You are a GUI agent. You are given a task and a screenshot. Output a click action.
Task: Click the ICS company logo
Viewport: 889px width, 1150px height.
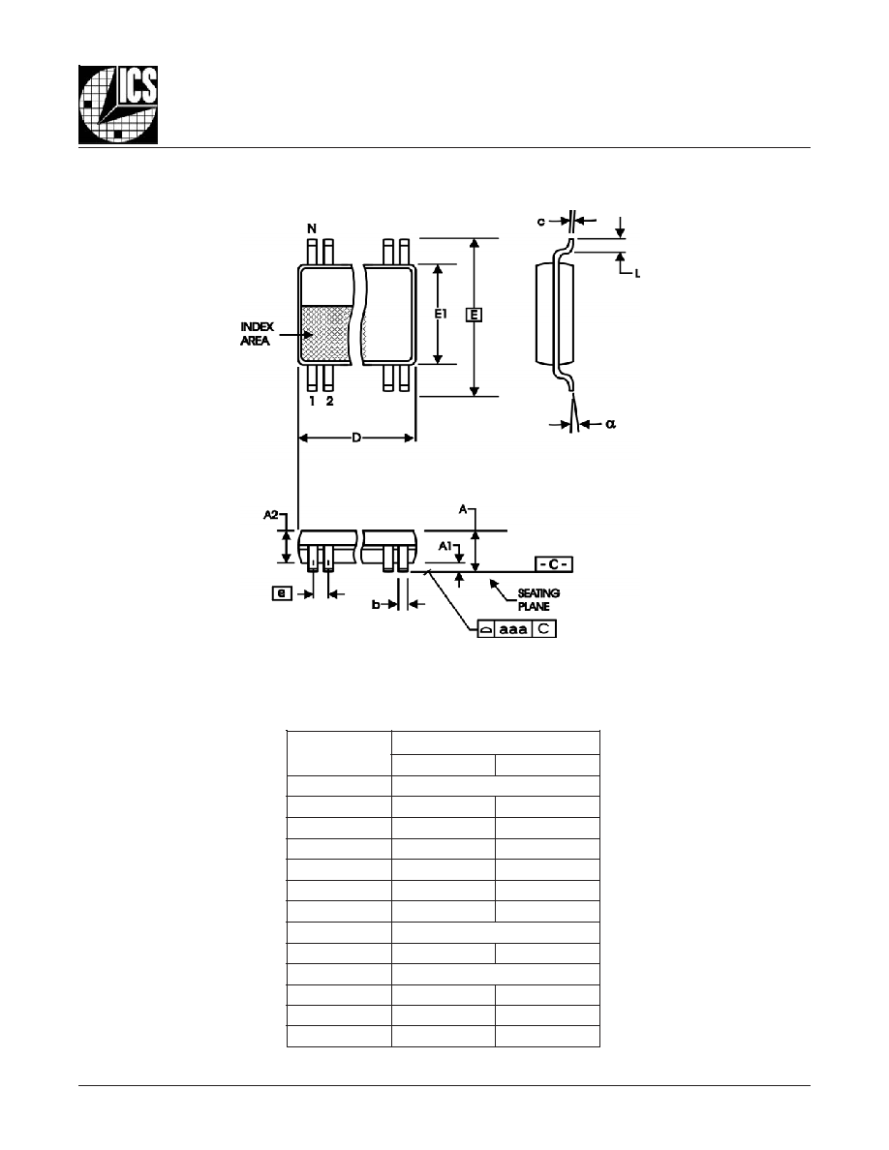pyautogui.click(x=118, y=105)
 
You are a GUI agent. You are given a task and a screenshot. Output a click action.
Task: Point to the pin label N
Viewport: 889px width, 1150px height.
pyautogui.click(x=312, y=228)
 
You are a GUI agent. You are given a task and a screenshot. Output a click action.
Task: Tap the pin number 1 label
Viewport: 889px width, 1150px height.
pyautogui.click(x=313, y=401)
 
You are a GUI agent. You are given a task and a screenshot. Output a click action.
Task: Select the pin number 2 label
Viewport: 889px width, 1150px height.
pyautogui.click(x=329, y=401)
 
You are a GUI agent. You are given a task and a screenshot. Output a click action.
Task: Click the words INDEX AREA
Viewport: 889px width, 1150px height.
pyautogui.click(x=257, y=334)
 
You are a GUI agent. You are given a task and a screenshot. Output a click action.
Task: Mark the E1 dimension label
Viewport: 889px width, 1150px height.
pyautogui.click(x=440, y=314)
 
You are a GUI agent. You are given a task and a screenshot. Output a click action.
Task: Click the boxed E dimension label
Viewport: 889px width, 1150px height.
pyautogui.click(x=474, y=315)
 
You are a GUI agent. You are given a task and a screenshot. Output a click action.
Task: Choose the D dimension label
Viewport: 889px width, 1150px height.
pyautogui.click(x=356, y=438)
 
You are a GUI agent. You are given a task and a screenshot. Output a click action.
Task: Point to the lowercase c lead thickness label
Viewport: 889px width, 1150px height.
pyautogui.click(x=541, y=222)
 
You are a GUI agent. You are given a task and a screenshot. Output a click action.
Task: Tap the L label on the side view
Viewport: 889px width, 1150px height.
pyautogui.click(x=637, y=274)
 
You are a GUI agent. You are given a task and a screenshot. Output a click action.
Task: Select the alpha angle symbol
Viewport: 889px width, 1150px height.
pyautogui.click(x=611, y=423)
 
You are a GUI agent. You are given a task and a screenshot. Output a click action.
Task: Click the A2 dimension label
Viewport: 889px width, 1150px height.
pyautogui.click(x=270, y=515)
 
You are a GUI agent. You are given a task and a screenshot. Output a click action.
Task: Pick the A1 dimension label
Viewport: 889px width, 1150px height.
pyautogui.click(x=445, y=546)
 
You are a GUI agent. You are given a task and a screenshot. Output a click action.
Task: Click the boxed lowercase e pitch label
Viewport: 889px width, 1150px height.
pyautogui.click(x=282, y=592)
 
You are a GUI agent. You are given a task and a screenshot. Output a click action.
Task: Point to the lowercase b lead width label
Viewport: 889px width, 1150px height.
pyautogui.click(x=376, y=604)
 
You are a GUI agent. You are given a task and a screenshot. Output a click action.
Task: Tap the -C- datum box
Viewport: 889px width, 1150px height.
pyautogui.click(x=554, y=564)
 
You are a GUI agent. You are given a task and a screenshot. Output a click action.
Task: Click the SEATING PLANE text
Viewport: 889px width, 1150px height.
pyautogui.click(x=538, y=599)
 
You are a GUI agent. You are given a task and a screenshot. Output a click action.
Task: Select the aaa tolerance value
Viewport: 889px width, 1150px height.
pyautogui.click(x=513, y=628)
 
